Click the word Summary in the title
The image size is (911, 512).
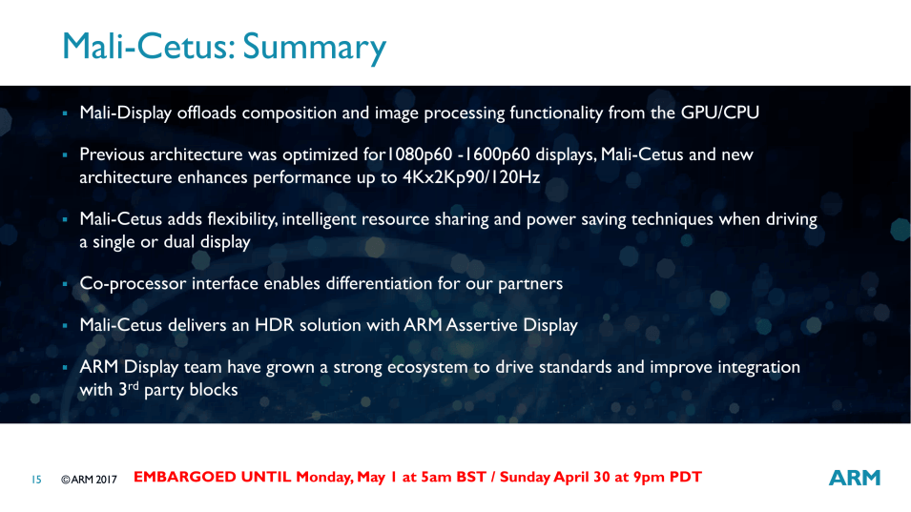pyautogui.click(x=314, y=48)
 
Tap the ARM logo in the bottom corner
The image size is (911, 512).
pyautogui.click(x=855, y=478)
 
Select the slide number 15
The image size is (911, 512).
pyautogui.click(x=36, y=480)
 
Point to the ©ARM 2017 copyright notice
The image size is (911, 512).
pyautogui.click(x=89, y=480)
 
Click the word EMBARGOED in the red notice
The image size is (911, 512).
pyautogui.click(x=212, y=477)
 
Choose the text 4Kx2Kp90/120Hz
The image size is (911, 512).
pyautogui.click(x=471, y=177)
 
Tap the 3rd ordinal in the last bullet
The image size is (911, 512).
pyautogui.click(x=129, y=388)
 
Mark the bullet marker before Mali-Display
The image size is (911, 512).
pyautogui.click(x=65, y=113)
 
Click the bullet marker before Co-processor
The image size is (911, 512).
pyautogui.click(x=65, y=284)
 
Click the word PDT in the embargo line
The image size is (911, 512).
pyautogui.click(x=686, y=477)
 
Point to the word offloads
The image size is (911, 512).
pyautogui.click(x=207, y=113)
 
